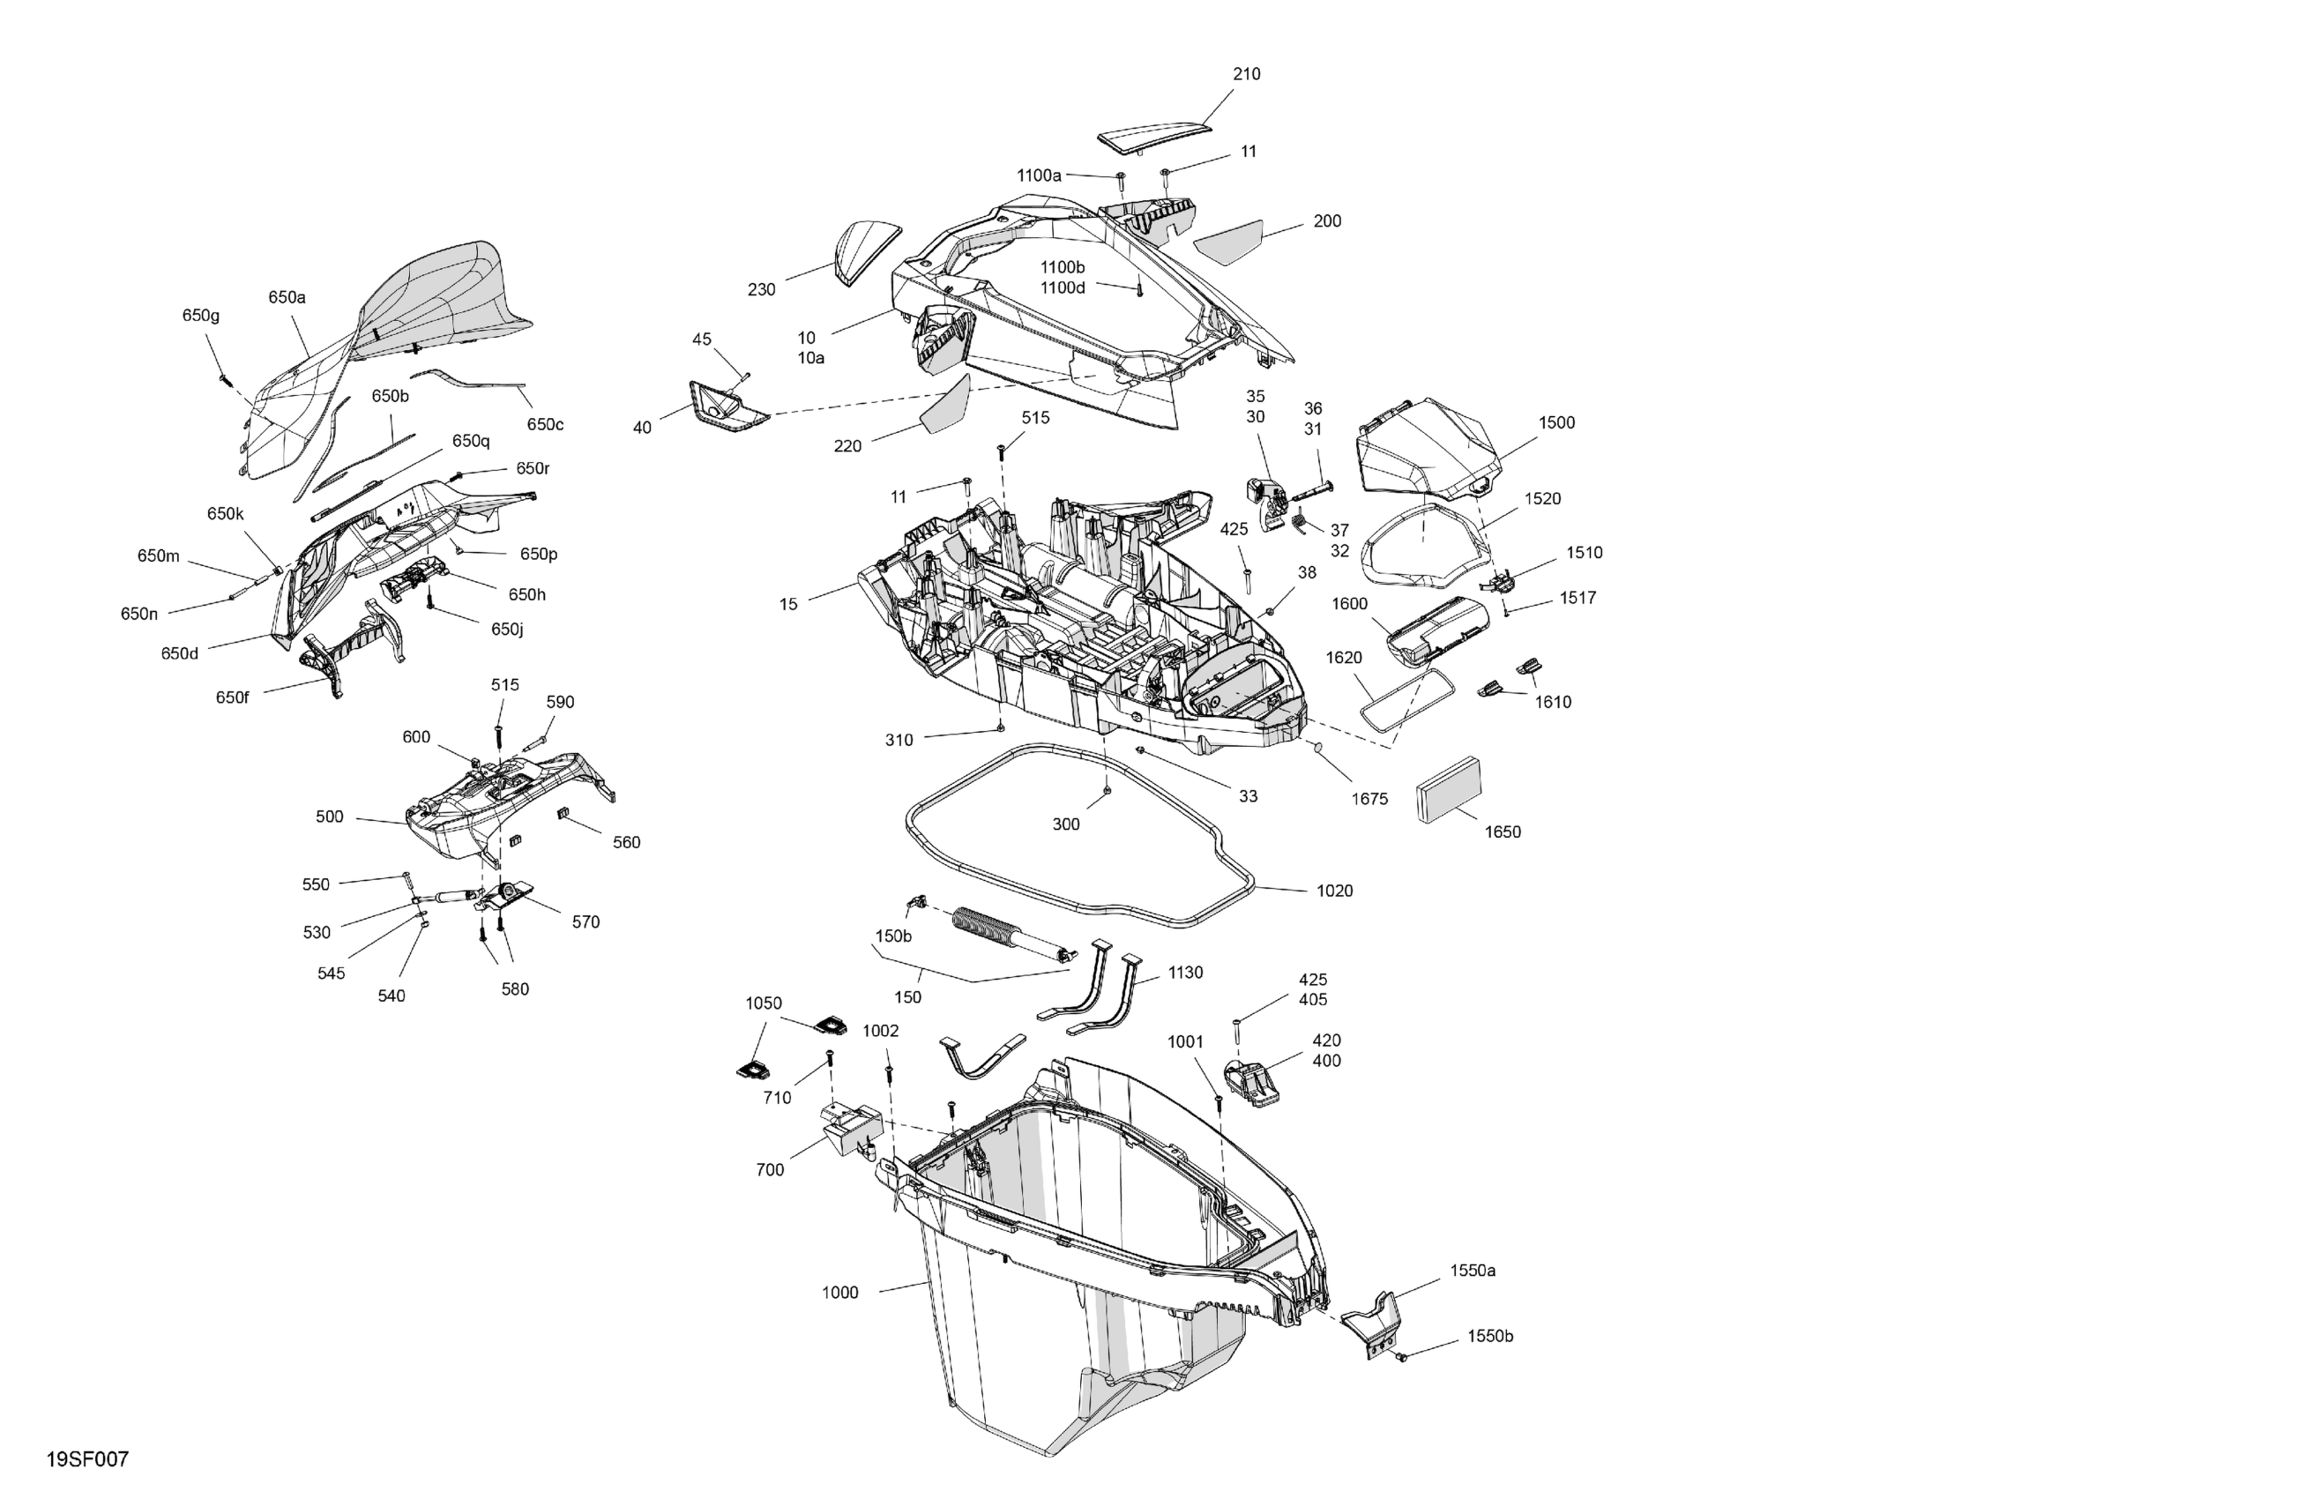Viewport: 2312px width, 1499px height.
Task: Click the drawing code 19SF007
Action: click(87, 1459)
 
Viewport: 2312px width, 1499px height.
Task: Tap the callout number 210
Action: click(1246, 74)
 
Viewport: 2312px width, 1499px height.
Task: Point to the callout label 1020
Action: click(1334, 891)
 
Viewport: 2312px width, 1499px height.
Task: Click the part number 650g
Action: click(201, 315)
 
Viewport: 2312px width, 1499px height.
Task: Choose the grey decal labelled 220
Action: click(946, 407)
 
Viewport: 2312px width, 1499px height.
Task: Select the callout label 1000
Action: click(840, 1292)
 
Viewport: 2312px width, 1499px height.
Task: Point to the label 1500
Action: click(1556, 422)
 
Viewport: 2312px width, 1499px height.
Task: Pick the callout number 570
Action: click(585, 922)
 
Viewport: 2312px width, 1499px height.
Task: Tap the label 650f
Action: click(232, 697)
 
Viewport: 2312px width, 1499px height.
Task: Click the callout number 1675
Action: click(1369, 799)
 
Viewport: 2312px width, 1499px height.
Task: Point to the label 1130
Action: click(1185, 973)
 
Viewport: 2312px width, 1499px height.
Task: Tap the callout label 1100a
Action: click(1039, 175)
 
